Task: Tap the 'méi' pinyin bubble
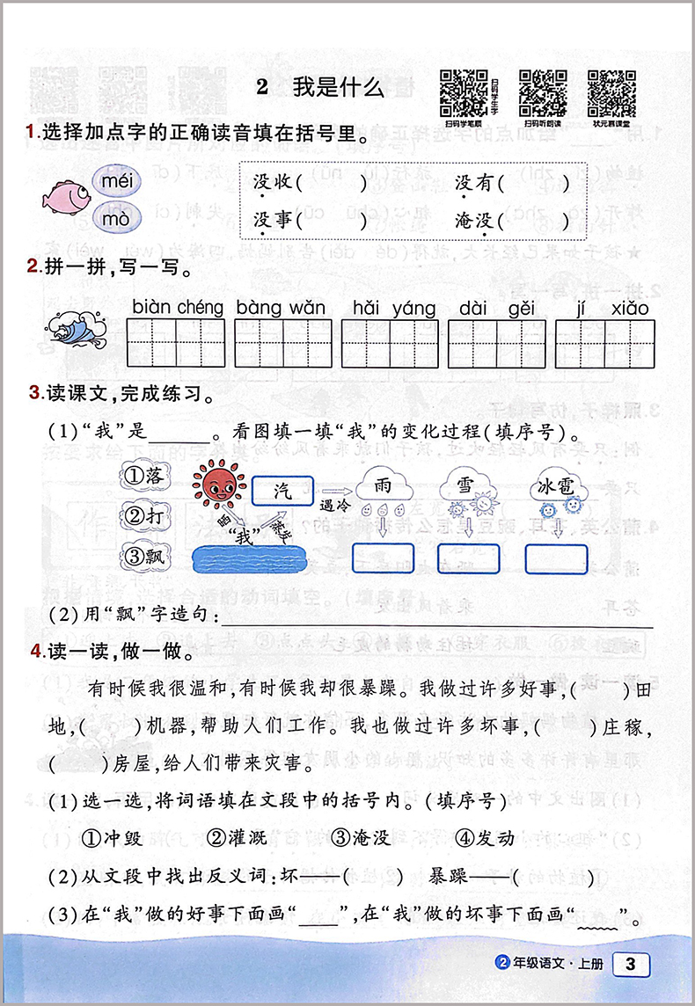[x=115, y=181]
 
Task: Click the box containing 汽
[x=282, y=490]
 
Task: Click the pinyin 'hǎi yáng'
[x=393, y=308]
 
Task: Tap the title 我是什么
[x=338, y=88]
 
